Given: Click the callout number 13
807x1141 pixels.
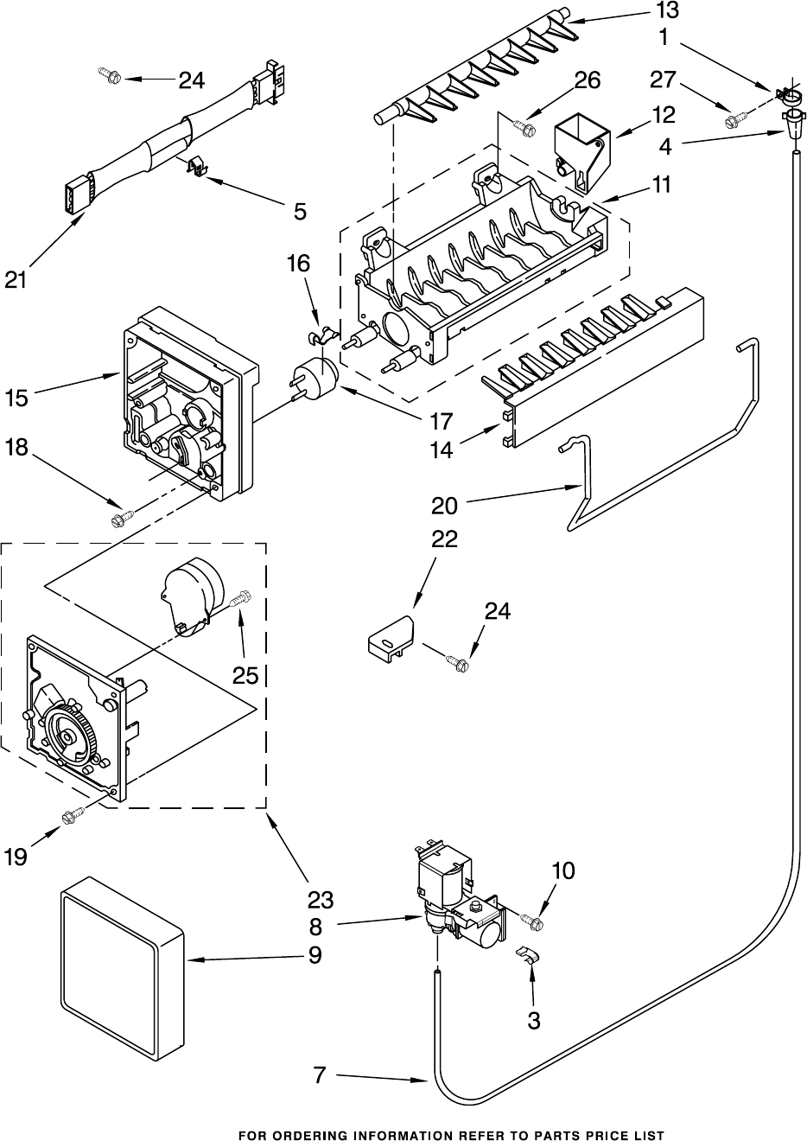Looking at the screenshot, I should pos(666,10).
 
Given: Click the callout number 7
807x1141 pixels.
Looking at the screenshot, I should pos(319,1076).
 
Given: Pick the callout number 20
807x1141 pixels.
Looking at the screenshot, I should pos(444,507).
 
